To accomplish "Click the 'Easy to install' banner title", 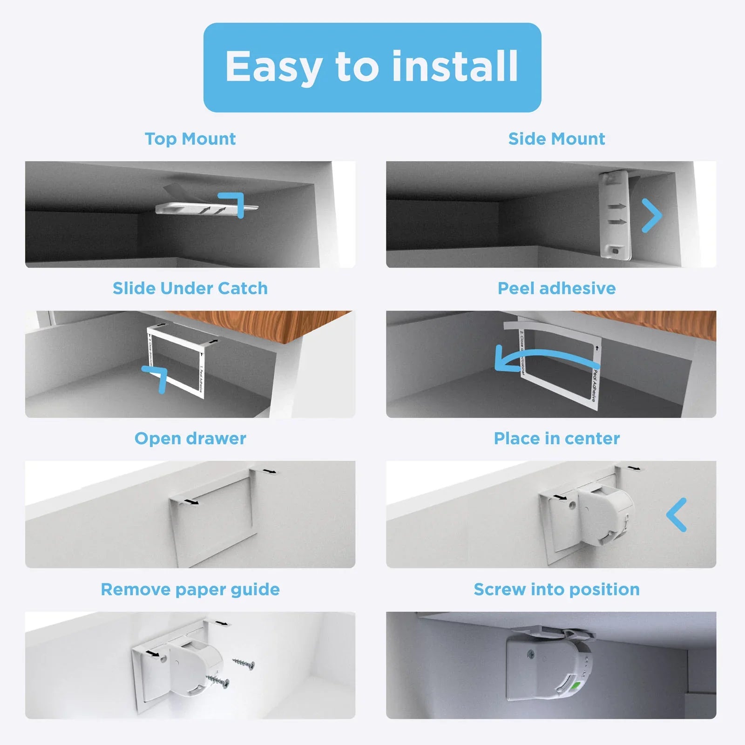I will coord(372,67).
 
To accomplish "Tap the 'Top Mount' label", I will coord(190,139).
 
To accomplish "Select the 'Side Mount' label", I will coord(556,139).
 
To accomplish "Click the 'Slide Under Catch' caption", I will coord(190,288).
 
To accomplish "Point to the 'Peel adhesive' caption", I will coord(556,288).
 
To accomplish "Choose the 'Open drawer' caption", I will coord(190,438).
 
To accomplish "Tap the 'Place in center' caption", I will coord(556,438).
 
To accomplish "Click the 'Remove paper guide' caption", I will coord(190,589).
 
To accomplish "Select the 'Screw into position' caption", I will coord(556,589).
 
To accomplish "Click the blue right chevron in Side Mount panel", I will coord(652,215).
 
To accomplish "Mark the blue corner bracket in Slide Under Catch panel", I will coord(157,376).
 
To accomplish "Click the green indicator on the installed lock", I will coord(577,687).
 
